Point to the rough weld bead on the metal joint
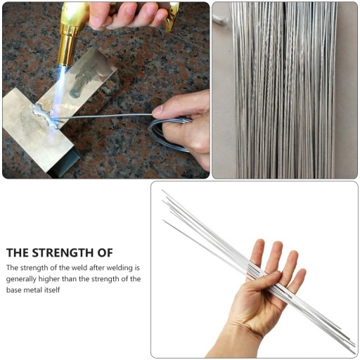(45, 115)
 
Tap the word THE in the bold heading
(18, 253)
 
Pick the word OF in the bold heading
(105, 253)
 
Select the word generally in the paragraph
(21, 279)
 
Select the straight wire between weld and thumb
(103, 116)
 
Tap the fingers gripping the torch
(128, 15)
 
